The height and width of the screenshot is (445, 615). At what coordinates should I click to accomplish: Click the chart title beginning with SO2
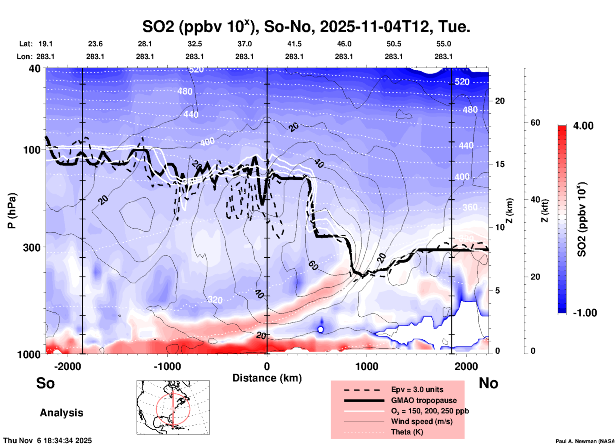click(x=306, y=27)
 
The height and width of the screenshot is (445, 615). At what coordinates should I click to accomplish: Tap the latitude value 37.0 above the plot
click(x=244, y=44)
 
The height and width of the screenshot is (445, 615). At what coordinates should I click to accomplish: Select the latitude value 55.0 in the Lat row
click(x=443, y=44)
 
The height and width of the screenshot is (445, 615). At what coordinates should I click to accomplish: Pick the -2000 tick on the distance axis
click(x=68, y=366)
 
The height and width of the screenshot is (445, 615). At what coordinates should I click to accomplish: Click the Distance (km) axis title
click(x=267, y=378)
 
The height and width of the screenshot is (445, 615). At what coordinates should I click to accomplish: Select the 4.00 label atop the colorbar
click(x=583, y=126)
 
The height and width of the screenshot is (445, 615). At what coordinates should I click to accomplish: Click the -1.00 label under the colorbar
click(x=585, y=313)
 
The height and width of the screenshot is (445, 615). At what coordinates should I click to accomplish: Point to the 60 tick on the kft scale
click(x=535, y=123)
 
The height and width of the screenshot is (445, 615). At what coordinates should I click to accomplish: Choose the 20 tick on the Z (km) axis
click(x=500, y=101)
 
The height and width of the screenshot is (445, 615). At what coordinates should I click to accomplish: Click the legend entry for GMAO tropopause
click(x=423, y=400)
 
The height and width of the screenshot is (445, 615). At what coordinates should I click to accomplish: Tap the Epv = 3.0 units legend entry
click(x=417, y=389)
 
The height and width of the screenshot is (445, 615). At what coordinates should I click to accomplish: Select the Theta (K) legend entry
click(x=407, y=432)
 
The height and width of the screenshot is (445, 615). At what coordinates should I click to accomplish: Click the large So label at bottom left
click(x=45, y=383)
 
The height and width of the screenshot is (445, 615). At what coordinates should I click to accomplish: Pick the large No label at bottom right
click(x=488, y=383)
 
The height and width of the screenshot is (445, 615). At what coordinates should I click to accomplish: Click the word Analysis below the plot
click(x=61, y=413)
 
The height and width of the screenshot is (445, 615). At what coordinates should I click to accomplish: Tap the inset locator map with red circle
click(x=173, y=407)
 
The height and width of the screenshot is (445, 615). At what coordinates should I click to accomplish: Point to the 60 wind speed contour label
click(x=313, y=265)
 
